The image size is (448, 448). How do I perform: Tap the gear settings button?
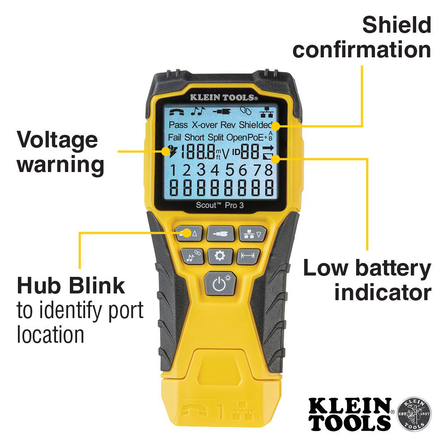point(220,256)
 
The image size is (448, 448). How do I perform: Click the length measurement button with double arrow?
point(248,256)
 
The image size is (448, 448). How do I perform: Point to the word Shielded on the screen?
point(256,125)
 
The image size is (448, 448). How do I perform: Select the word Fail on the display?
point(175,137)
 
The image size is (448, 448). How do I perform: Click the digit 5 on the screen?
point(230,170)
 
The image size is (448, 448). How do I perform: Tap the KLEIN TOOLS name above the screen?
point(223,97)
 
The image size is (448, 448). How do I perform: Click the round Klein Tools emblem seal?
point(414,414)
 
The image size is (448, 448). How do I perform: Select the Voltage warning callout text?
point(60,152)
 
